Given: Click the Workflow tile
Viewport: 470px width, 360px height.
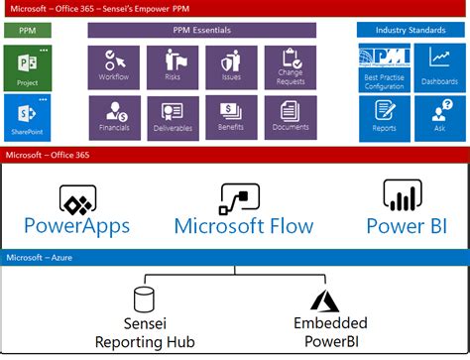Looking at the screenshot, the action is [113, 64].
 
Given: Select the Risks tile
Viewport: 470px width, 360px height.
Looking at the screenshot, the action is [172, 64].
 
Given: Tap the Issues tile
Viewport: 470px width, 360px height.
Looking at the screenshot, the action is [230, 64].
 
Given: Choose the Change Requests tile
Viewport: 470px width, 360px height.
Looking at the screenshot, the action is [291, 64].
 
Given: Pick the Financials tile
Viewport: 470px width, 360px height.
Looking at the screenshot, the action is [113, 117].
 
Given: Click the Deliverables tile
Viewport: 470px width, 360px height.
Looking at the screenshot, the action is [172, 117].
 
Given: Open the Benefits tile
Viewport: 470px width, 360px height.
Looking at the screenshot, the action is [230, 117].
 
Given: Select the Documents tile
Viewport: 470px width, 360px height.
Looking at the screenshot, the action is [291, 117].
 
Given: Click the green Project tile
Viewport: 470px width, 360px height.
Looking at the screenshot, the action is [27, 66].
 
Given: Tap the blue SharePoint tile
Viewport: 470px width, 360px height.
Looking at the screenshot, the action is [27, 117].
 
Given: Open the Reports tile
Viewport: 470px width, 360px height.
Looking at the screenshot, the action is [385, 116].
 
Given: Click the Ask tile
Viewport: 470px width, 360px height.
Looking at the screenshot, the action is [438, 116].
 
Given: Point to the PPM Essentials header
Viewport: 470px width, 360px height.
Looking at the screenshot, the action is [201, 30].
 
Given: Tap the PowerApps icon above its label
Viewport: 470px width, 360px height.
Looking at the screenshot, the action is [77, 198].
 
